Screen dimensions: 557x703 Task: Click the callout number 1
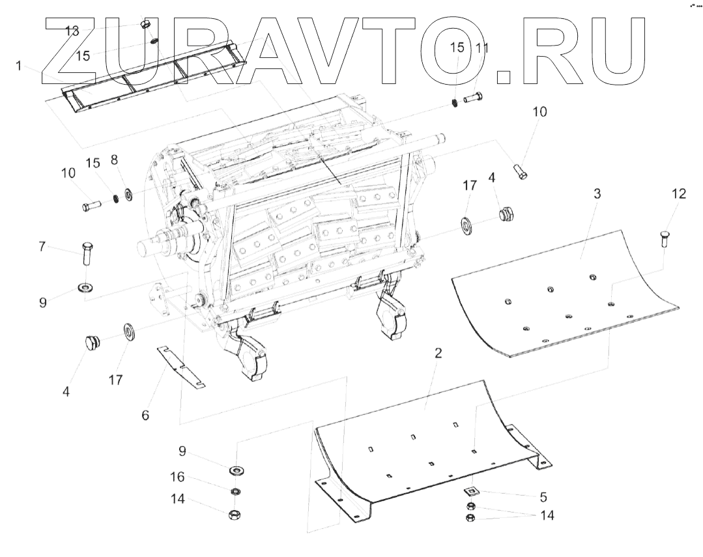click(19, 66)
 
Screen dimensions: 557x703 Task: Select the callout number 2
click(438, 353)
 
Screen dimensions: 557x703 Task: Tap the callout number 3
click(597, 194)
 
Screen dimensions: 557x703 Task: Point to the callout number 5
click(543, 497)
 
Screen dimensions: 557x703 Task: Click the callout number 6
click(145, 414)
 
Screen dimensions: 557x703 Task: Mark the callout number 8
click(114, 160)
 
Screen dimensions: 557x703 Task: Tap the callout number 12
click(678, 193)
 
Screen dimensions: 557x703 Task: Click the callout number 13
click(72, 31)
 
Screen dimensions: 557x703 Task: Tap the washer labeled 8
click(128, 193)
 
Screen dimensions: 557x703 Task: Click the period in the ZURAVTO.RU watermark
click(503, 77)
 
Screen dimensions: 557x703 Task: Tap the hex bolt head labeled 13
click(146, 25)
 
